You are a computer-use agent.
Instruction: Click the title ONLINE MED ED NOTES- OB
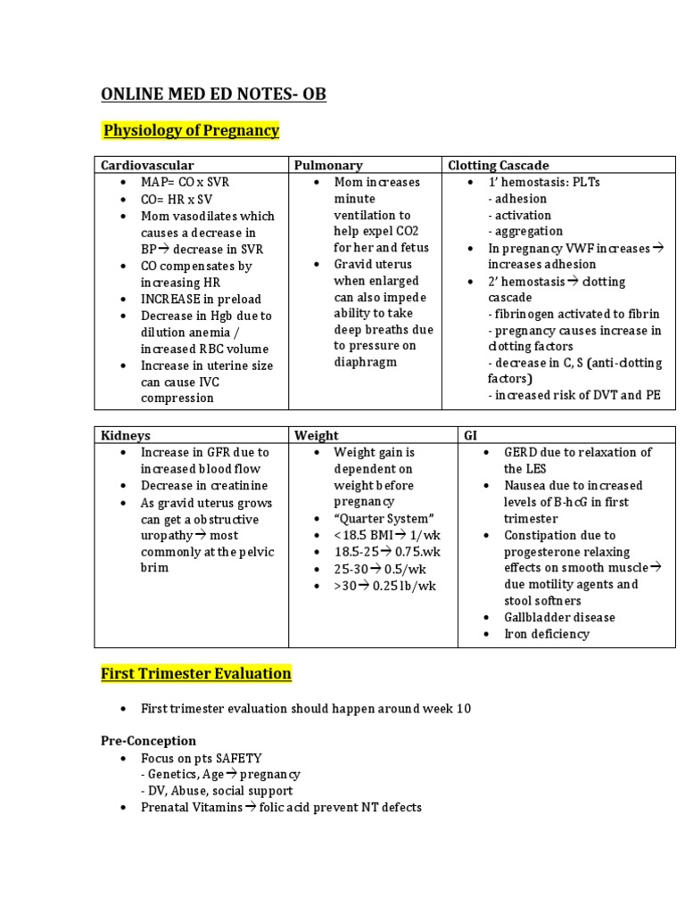(213, 94)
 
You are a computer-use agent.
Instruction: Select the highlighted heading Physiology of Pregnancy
(191, 131)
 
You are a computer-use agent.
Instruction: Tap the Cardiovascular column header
(147, 165)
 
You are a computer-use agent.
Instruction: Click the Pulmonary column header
(330, 165)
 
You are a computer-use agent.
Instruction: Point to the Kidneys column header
(125, 435)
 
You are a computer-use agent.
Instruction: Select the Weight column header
(317, 435)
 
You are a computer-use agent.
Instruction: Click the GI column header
(470, 435)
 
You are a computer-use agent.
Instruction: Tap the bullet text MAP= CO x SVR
(185, 182)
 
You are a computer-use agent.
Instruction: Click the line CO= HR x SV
(177, 199)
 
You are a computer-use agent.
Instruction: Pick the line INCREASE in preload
(201, 299)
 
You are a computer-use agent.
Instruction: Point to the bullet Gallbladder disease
(559, 617)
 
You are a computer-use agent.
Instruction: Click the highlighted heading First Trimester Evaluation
(195, 673)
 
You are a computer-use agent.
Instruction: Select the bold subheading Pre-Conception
(148, 741)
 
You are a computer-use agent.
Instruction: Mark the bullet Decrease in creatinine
(204, 486)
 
